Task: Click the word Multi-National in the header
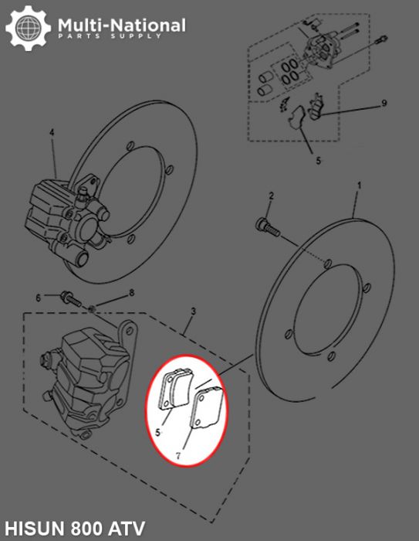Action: (122, 26)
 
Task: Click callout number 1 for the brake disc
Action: (359, 185)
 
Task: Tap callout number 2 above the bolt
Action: (271, 198)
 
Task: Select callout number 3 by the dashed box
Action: (193, 311)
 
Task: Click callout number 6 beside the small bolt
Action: (37, 298)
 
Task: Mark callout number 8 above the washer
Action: (131, 292)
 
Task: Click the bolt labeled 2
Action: (264, 226)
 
